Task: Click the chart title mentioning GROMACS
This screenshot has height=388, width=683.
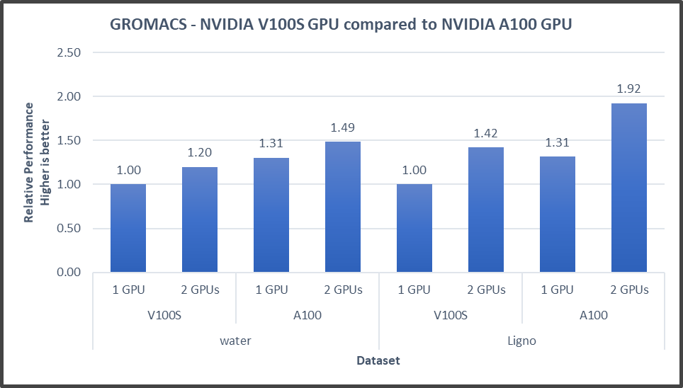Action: pyautogui.click(x=341, y=24)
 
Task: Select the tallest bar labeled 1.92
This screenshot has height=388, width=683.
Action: pyautogui.click(x=629, y=188)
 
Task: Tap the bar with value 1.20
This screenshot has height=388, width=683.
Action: pyautogui.click(x=200, y=219)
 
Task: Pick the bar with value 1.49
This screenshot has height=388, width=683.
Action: pyautogui.click(x=343, y=207)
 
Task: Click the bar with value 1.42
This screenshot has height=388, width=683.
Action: pyautogui.click(x=486, y=210)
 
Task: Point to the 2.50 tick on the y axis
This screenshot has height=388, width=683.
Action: pyautogui.click(x=69, y=52)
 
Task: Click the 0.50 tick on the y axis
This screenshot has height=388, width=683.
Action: pyautogui.click(x=69, y=228)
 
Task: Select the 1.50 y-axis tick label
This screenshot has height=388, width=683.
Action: pyautogui.click(x=69, y=140)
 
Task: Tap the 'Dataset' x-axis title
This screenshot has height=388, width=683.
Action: pyautogui.click(x=378, y=360)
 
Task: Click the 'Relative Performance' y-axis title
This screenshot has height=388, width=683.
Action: pyautogui.click(x=29, y=162)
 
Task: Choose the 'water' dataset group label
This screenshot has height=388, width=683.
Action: pyautogui.click(x=235, y=341)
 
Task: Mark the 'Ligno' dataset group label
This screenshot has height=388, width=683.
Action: pyautogui.click(x=521, y=341)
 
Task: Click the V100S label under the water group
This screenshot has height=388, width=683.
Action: pyautogui.click(x=164, y=315)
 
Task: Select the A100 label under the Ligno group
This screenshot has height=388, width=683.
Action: pyautogui.click(x=593, y=315)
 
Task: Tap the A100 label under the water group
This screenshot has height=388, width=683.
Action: pyautogui.click(x=307, y=315)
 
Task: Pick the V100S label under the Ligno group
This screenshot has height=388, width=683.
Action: pyautogui.click(x=450, y=315)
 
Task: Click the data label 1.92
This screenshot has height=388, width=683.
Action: pyautogui.click(x=629, y=90)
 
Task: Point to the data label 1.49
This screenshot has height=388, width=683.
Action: pyautogui.click(x=343, y=127)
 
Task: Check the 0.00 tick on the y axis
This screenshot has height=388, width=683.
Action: pyautogui.click(x=69, y=272)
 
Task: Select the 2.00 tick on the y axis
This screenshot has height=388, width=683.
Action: pyautogui.click(x=69, y=96)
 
